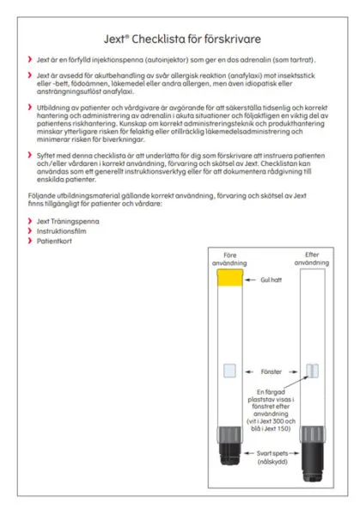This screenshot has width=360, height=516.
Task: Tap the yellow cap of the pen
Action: (229, 278)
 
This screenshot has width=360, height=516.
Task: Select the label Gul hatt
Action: (271, 279)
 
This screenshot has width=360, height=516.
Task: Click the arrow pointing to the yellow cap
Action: (250, 279)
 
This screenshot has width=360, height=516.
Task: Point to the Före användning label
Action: (229, 260)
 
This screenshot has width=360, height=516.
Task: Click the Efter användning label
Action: (312, 259)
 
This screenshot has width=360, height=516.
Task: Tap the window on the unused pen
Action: (229, 371)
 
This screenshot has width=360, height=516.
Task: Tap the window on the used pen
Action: (313, 371)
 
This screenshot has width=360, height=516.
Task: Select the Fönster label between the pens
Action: (272, 372)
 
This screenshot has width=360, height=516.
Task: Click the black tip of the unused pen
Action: (229, 453)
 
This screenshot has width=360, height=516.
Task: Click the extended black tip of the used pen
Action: (313, 461)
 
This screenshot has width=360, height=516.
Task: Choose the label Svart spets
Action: (272, 453)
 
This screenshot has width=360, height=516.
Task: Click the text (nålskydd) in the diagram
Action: (272, 462)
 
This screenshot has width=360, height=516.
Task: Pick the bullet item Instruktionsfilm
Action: (62, 231)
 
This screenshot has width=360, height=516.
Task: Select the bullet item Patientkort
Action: (54, 241)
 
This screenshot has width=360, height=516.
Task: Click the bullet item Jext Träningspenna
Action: (68, 222)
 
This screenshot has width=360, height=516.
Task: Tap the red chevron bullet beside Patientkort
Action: (30, 241)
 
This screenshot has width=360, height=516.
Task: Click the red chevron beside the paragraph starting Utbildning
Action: (30, 107)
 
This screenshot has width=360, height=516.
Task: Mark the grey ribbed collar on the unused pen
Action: (229, 434)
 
